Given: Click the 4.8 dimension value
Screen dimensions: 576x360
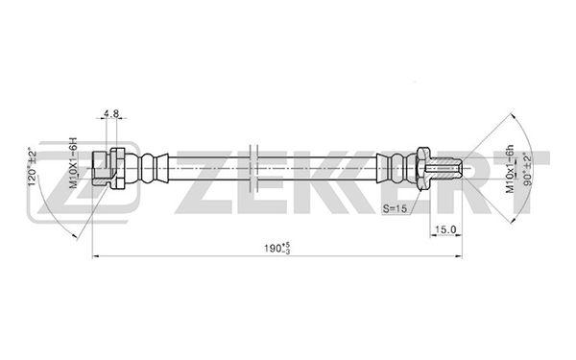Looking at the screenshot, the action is click(x=111, y=114).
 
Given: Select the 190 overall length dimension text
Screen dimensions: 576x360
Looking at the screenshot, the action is click(x=277, y=248).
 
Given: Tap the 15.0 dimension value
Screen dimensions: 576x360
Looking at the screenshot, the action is click(x=445, y=229).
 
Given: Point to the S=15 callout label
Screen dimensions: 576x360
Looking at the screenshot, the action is click(x=395, y=208).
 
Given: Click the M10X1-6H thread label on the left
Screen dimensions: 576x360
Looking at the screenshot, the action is click(x=74, y=163).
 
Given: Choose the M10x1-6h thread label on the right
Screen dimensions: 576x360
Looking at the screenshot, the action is click(x=510, y=167).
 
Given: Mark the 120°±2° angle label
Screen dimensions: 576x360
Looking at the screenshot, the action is click(x=33, y=166).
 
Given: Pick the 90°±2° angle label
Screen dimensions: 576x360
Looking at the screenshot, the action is click(x=528, y=169).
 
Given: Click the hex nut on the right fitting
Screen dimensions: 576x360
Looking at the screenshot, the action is click(x=422, y=168).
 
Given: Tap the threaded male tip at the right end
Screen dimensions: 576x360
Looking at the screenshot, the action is click(x=445, y=168).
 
